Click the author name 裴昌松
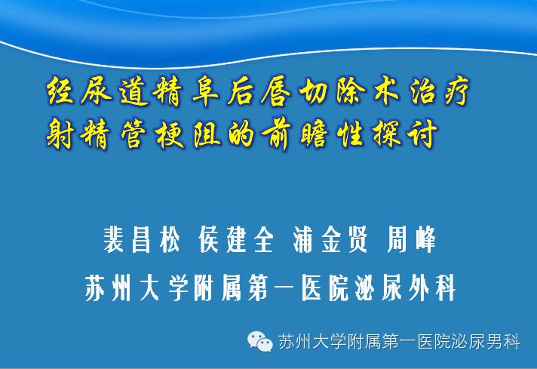[x=142, y=239]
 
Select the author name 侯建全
[x=236, y=239]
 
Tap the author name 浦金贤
[x=330, y=239]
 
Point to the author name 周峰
[x=411, y=239]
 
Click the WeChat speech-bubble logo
[x=260, y=341]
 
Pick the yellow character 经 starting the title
[x=60, y=91]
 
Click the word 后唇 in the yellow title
[x=259, y=91]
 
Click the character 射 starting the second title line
[x=60, y=134]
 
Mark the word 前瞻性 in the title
[x=312, y=134]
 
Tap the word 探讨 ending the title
[x=404, y=134]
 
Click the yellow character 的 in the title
[x=241, y=134]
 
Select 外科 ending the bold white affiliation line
[x=431, y=288]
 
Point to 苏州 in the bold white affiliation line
[x=108, y=288]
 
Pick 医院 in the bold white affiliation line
[x=324, y=288]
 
